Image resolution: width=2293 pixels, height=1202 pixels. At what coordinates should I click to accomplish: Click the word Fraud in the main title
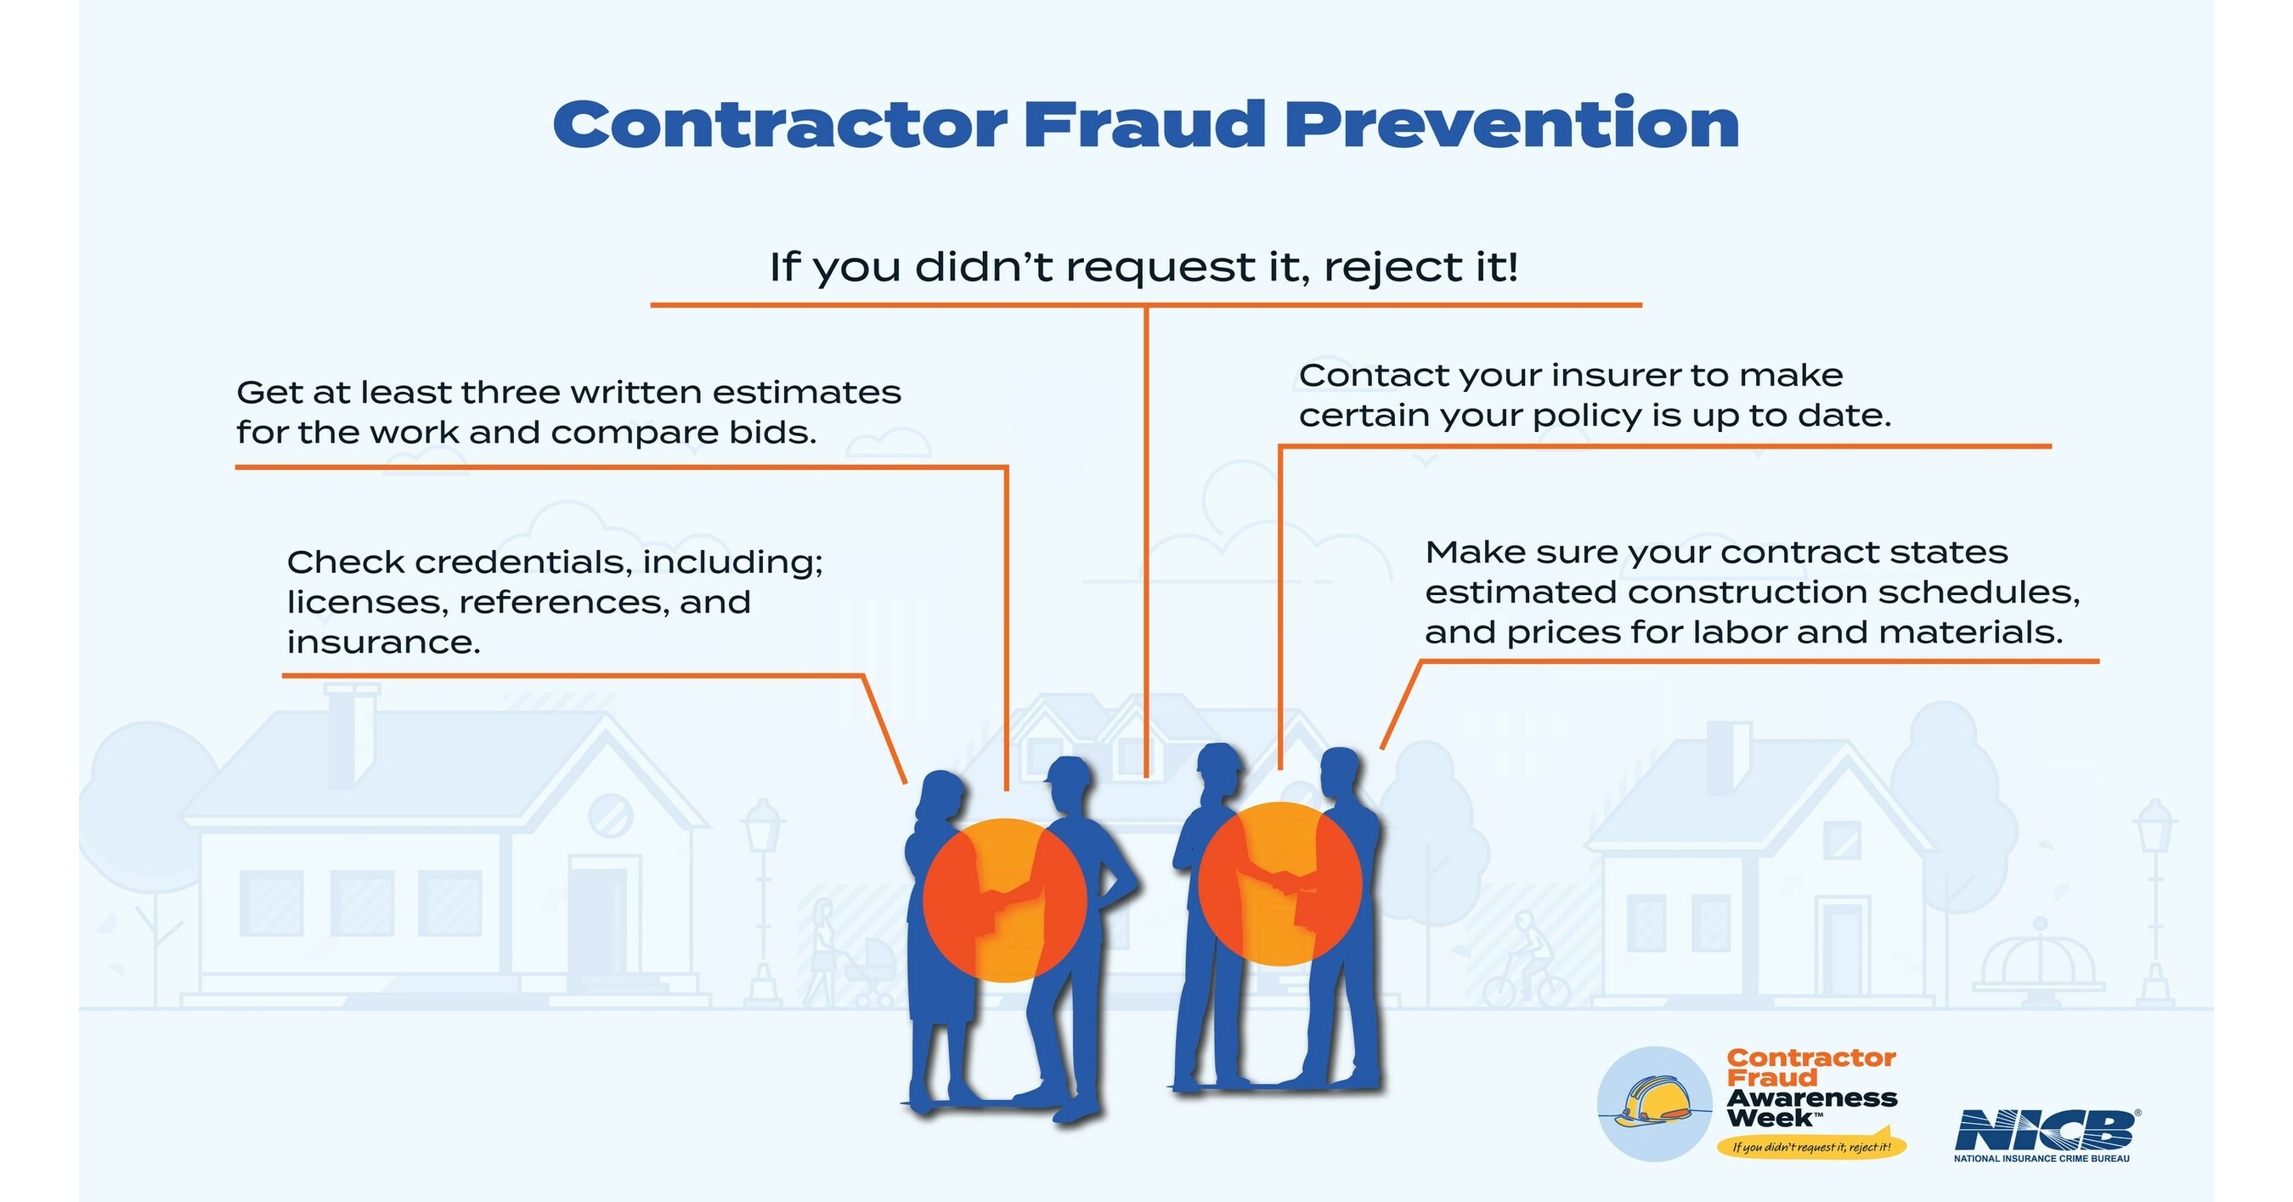1143,125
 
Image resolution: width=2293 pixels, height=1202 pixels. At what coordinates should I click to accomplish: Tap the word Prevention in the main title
1511,125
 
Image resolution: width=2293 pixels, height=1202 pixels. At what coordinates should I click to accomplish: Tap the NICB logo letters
2045,1131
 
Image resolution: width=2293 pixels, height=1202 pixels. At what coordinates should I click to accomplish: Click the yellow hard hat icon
1653,1103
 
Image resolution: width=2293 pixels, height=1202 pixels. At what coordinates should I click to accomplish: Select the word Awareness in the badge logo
1811,1097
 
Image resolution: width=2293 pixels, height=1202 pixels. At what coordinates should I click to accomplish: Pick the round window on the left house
611,814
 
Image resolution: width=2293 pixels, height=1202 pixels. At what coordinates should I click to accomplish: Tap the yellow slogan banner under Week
1810,1147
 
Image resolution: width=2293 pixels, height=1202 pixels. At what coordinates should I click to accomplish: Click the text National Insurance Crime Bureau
2041,1159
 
